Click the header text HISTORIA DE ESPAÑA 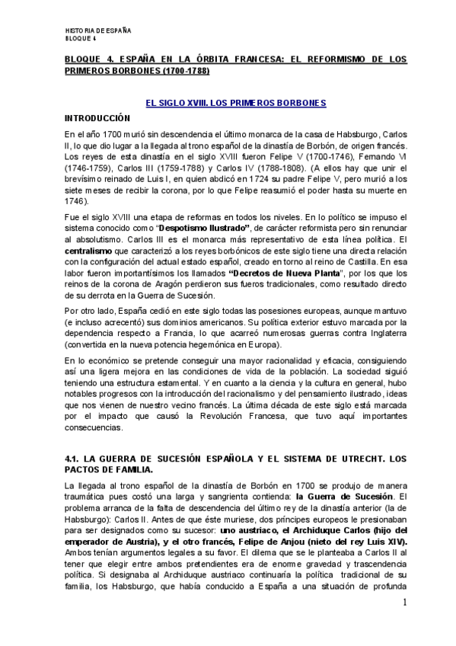98,30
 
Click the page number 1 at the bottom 406,603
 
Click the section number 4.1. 72,459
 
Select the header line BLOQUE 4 81,37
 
